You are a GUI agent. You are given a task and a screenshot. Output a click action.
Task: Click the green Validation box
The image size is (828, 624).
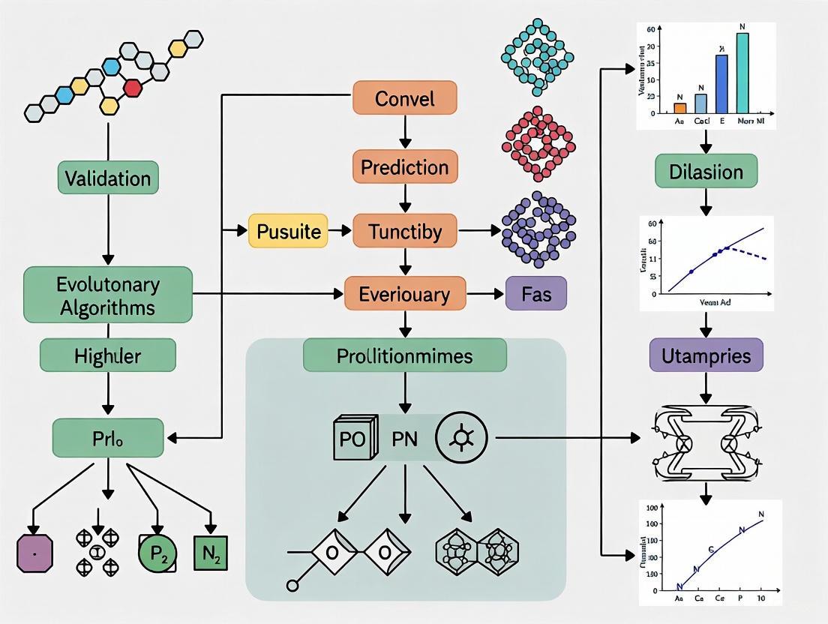[x=108, y=178]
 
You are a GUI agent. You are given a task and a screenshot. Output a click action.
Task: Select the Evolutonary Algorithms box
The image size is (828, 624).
[x=108, y=296]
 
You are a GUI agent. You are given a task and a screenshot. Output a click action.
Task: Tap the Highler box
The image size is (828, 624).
[x=108, y=355]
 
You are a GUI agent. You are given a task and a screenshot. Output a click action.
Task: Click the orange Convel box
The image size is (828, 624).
[x=404, y=99]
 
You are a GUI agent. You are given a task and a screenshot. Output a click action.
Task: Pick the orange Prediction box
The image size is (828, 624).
[x=404, y=167]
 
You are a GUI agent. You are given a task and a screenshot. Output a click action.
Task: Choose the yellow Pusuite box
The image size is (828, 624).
[x=289, y=231]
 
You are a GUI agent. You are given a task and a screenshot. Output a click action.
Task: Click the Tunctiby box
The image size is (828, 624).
[x=404, y=231]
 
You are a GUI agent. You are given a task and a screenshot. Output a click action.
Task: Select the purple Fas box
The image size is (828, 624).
[x=536, y=293]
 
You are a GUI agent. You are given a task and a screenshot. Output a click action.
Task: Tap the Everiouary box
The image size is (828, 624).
[x=404, y=293]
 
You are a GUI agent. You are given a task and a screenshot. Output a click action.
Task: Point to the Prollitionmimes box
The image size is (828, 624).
[x=404, y=355]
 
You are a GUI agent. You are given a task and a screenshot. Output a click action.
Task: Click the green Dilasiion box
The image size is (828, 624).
[x=706, y=172]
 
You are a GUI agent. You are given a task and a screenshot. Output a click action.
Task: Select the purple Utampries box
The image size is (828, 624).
[x=706, y=355]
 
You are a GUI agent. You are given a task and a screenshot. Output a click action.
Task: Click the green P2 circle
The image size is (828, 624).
[x=157, y=553]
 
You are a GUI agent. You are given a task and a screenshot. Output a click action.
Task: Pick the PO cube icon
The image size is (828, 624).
[x=353, y=438]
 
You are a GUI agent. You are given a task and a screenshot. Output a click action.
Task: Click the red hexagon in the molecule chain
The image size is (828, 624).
[x=133, y=88]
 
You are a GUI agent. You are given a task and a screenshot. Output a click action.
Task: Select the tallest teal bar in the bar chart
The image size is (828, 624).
[x=742, y=72]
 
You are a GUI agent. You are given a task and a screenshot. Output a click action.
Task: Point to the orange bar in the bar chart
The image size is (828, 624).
[x=679, y=108]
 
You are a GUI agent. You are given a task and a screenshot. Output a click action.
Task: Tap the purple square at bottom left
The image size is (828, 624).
[x=35, y=553]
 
